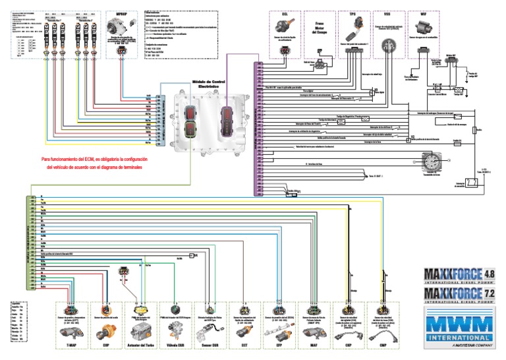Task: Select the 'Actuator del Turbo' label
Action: (x=140, y=344)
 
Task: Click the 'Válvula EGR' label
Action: (x=175, y=344)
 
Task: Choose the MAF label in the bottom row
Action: (x=313, y=344)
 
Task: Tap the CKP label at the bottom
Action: (x=349, y=344)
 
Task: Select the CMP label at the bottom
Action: (x=384, y=344)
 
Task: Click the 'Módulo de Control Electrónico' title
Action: (x=209, y=84)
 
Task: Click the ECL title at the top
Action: (x=285, y=14)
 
